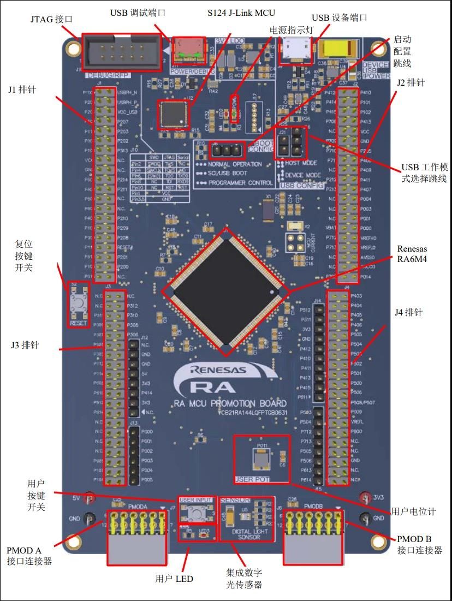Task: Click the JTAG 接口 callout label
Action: [51, 19]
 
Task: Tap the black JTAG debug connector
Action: [121, 52]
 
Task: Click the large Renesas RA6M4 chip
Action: [226, 289]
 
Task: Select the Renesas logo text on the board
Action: [218, 370]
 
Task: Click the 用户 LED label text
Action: [174, 579]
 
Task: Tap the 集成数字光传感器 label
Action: [244, 579]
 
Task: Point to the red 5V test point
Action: [91, 498]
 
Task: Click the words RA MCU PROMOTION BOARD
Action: [229, 403]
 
